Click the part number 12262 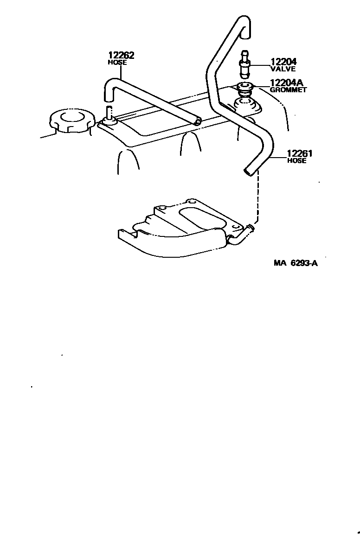(x=121, y=56)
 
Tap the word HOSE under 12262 (x=117, y=63)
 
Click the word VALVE (x=283, y=69)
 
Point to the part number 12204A (x=287, y=83)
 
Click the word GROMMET (x=288, y=90)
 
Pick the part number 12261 (x=300, y=154)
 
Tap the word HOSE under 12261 (x=297, y=161)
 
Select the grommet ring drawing (x=244, y=87)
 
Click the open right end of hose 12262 (x=198, y=122)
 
